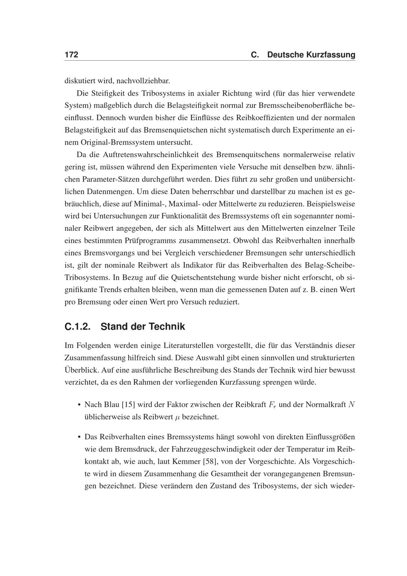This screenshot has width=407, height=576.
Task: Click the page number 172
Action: coord(71,55)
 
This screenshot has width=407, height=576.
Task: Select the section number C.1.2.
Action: coord(77,326)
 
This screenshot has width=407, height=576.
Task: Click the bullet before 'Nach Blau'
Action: coord(79,405)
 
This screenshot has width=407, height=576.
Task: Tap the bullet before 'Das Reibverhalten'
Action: coord(79,437)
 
